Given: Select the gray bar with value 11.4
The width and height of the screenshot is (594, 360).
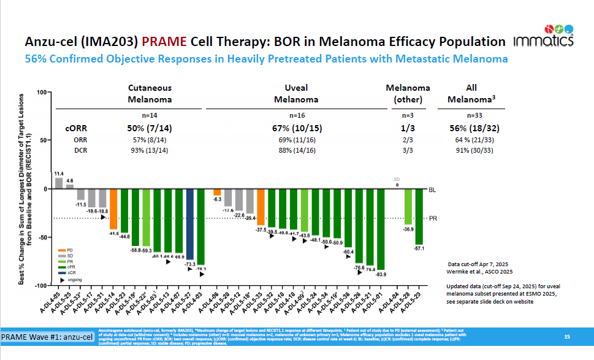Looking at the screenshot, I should tap(59, 183).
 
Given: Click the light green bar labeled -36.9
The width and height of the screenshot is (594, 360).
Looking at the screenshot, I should tap(408, 206).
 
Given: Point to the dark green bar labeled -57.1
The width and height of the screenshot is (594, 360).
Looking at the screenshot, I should tap(419, 216).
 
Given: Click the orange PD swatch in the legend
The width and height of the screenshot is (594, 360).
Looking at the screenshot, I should tap(62, 251).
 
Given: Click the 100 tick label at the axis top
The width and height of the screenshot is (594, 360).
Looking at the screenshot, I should tap(42, 92).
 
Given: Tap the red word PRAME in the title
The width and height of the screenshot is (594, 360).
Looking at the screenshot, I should tap(164, 42).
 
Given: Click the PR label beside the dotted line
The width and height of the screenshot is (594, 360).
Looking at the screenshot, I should tap(432, 218).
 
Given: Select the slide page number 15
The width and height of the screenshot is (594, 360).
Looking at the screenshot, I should tap(567, 337).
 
